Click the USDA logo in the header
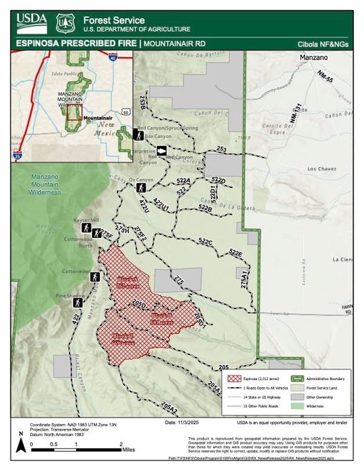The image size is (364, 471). tap(32, 22)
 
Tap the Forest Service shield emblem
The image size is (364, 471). tap(65, 23)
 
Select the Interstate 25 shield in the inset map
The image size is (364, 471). tap(19, 156)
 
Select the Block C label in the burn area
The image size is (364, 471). tap(123, 338)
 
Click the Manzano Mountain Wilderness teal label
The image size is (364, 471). tap(45, 184)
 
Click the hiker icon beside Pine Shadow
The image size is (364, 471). tap(78, 302)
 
